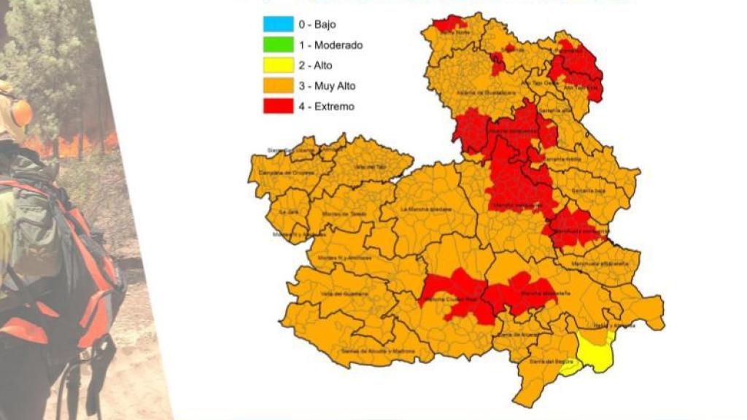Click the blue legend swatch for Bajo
(279, 24)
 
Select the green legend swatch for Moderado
(279, 44)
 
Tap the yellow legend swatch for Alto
(279, 65)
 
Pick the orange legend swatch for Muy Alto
(279, 85)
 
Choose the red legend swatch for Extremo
(279, 106)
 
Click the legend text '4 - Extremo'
(326, 106)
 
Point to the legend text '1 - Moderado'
(330, 45)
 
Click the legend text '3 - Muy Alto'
(327, 86)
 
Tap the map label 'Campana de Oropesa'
(278, 173)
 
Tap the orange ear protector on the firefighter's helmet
(20, 113)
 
